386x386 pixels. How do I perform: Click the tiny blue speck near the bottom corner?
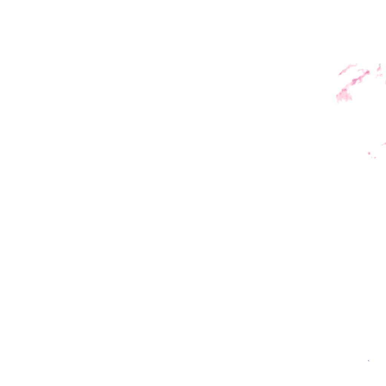coord(368,361)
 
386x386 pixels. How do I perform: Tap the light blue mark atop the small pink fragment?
coord(380,65)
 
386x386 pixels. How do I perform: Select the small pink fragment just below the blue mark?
coord(379,69)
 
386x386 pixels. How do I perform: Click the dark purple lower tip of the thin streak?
coord(340,74)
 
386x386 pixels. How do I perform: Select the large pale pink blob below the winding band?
coord(344,95)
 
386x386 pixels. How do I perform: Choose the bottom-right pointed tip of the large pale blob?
coord(351,100)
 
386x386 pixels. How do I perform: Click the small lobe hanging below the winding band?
coord(360,81)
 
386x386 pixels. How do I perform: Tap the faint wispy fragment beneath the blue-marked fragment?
coord(379,75)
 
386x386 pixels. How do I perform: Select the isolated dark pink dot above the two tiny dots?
coord(369,153)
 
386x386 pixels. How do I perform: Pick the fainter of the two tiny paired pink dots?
coord(372,157)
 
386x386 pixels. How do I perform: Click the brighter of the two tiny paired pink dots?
coord(375,158)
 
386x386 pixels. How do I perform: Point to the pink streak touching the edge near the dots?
coord(384,144)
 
